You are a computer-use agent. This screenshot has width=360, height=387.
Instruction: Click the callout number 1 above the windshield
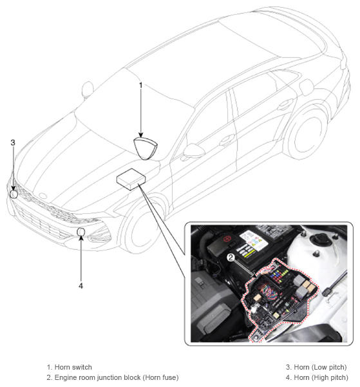[141, 86]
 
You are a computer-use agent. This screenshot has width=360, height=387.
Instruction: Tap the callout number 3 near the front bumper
[13, 143]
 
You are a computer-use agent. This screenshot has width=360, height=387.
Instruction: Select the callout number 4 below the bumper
[81, 286]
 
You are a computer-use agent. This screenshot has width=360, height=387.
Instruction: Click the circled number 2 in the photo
[231, 258]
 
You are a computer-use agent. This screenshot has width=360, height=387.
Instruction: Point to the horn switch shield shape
[145, 148]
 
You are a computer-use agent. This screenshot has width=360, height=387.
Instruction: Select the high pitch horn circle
[81, 232]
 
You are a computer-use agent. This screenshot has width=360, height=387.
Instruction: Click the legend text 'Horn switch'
[73, 367]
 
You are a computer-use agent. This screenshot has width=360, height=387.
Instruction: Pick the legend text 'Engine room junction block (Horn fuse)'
[117, 377]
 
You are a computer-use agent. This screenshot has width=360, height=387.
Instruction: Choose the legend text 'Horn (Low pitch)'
[320, 367]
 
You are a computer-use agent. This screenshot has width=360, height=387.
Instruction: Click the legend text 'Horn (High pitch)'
[321, 377]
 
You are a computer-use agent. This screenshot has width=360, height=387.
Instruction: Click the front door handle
[226, 140]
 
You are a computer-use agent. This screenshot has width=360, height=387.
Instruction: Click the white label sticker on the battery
[254, 240]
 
